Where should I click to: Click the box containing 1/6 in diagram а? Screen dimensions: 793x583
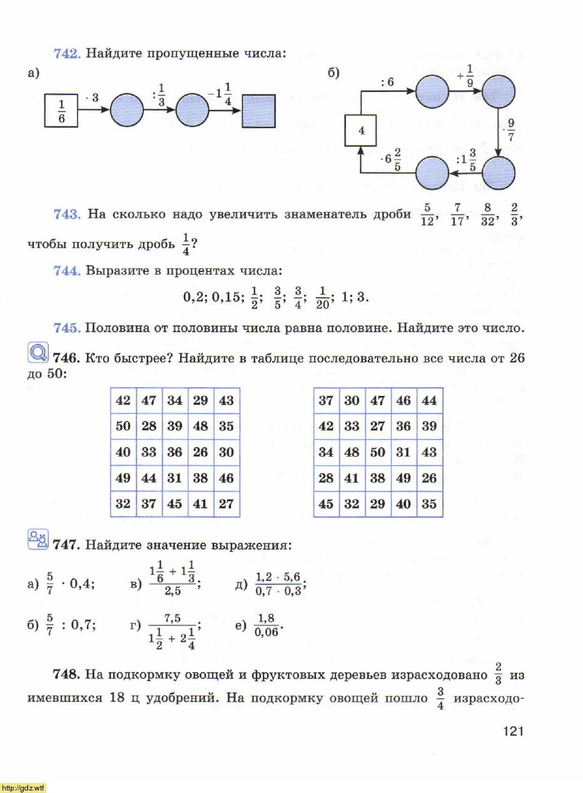pyautogui.click(x=61, y=111)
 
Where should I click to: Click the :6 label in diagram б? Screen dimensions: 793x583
pyautogui.click(x=387, y=82)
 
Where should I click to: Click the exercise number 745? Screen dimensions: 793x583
pyautogui.click(x=66, y=328)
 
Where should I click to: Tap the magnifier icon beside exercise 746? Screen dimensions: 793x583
pyautogui.click(x=38, y=354)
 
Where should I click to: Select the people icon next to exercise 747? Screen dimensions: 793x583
pyautogui.click(x=38, y=538)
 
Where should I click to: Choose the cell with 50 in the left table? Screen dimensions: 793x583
pyautogui.click(x=123, y=427)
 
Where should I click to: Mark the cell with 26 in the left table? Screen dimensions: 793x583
pyautogui.click(x=200, y=452)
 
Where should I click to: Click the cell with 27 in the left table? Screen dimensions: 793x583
pyautogui.click(x=226, y=504)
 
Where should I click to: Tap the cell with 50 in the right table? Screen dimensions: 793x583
pyautogui.click(x=378, y=452)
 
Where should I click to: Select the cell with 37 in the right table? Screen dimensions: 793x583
pyautogui.click(x=326, y=401)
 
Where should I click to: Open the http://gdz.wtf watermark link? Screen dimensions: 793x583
pyautogui.click(x=23, y=787)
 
